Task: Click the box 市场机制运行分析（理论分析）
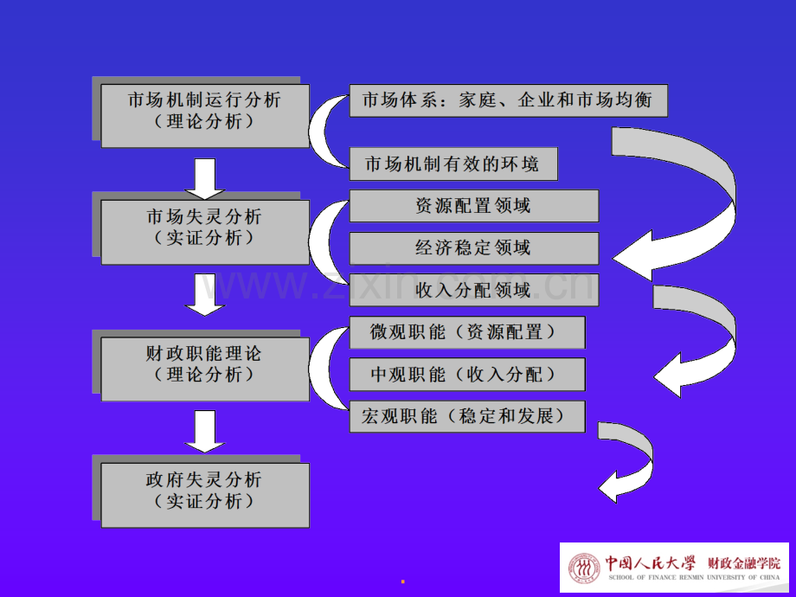205,116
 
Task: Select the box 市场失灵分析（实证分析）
205,232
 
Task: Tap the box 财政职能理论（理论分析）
205,369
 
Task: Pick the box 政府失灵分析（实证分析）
205,495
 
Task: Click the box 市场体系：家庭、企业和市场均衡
508,100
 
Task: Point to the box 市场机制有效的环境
453,164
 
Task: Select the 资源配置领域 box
473,206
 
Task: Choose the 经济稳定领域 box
473,248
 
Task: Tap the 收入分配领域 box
473,290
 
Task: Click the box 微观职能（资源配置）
467,332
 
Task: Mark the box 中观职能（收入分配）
467,375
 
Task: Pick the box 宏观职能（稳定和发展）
467,417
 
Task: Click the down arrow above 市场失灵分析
204,179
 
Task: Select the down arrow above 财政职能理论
204,294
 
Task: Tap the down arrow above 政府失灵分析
204,432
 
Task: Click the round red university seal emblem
584,568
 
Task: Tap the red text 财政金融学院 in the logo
744,563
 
